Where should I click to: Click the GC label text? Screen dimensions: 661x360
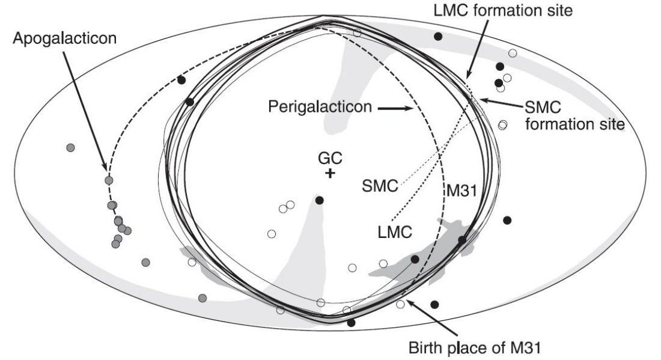click(x=330, y=159)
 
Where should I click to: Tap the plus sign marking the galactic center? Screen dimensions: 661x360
click(x=330, y=173)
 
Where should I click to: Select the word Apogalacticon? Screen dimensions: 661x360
click(x=64, y=38)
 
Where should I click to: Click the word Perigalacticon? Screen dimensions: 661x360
click(x=320, y=106)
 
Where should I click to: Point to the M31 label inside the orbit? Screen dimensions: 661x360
click(x=462, y=191)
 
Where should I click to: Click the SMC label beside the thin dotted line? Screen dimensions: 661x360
click(x=380, y=186)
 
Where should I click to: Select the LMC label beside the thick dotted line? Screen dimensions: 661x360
click(x=395, y=232)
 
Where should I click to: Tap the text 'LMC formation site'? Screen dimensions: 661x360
click(x=504, y=11)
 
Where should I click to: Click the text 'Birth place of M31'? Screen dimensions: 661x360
click(x=475, y=348)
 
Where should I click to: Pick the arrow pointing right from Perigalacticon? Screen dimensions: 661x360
click(x=395, y=108)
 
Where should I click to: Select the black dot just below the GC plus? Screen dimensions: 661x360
click(x=320, y=200)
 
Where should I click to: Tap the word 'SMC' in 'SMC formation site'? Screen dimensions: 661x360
click(x=543, y=108)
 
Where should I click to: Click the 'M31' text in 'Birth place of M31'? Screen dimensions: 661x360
click(x=525, y=348)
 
